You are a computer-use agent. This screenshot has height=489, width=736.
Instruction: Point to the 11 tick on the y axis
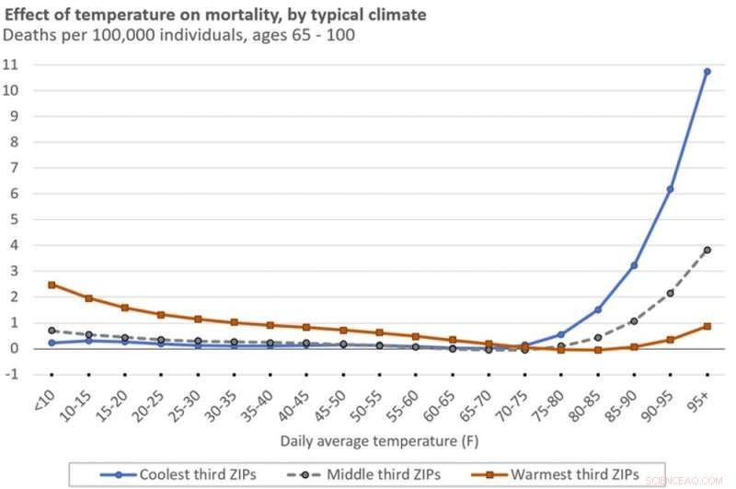(12, 65)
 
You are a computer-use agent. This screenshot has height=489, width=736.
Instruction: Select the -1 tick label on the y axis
(11, 374)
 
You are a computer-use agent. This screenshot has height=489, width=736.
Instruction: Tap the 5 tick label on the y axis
(13, 219)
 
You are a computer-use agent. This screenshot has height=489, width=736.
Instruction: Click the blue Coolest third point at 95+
(707, 71)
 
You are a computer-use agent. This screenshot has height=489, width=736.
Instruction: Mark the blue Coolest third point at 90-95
(671, 189)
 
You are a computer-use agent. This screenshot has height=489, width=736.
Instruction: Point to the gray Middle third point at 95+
(707, 250)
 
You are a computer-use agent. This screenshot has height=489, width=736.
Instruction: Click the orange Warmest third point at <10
(52, 285)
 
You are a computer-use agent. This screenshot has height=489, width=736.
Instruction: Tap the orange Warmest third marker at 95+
(707, 326)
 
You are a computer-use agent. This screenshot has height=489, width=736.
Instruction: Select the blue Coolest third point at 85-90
(634, 265)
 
